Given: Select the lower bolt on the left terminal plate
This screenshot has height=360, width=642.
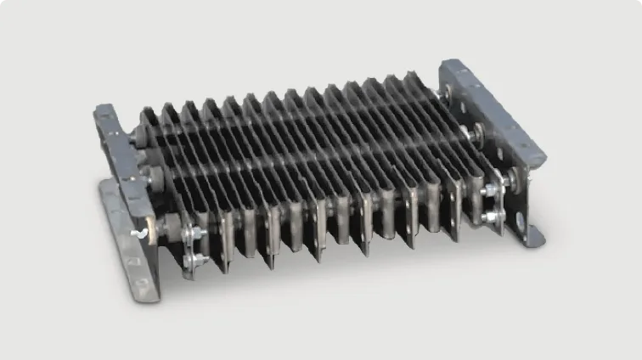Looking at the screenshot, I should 197,259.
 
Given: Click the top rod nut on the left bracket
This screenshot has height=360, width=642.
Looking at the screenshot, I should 138,133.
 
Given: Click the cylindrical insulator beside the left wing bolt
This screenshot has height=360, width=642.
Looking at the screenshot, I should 161,228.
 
